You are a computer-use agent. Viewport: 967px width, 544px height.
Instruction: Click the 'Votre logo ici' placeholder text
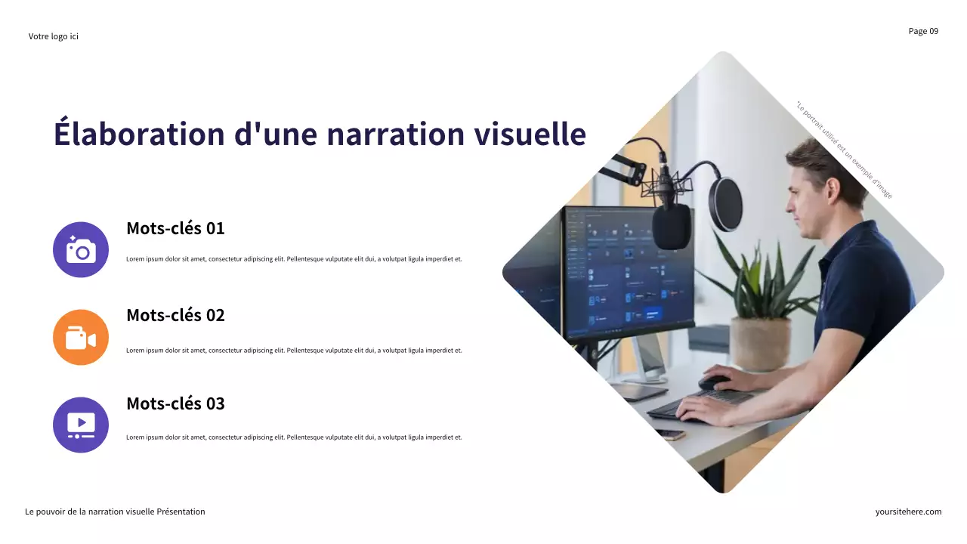point(53,36)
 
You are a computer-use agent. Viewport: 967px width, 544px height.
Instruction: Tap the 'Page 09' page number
point(923,31)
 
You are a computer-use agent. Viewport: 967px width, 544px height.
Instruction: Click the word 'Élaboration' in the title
point(139,134)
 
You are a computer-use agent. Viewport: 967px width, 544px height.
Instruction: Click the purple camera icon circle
point(81,249)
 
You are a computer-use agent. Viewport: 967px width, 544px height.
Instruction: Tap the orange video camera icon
point(81,337)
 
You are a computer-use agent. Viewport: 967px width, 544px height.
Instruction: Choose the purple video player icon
point(81,425)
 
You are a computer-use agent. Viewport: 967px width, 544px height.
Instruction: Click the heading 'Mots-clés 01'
point(175,228)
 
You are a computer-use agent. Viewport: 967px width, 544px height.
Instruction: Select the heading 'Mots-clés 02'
point(175,315)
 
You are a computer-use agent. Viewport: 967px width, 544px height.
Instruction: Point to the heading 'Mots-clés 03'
point(175,403)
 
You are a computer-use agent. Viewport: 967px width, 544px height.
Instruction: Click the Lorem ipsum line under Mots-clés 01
point(294,259)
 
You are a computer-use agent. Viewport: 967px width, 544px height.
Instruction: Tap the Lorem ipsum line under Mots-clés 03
point(294,437)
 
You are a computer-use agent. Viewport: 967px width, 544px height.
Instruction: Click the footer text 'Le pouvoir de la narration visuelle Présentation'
point(115,512)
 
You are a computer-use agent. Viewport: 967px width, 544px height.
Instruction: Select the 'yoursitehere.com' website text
point(908,512)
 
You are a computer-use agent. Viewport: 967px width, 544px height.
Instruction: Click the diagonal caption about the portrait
point(844,150)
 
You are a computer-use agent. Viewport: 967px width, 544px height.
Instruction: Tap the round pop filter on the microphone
point(725,203)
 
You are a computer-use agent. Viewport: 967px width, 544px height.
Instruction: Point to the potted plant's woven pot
point(760,343)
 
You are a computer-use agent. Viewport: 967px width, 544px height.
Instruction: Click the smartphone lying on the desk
point(670,435)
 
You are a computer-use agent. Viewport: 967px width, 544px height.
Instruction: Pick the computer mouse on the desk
point(714,382)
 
